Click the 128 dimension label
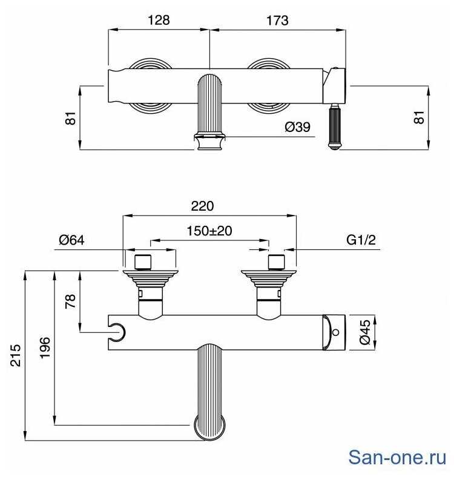159,21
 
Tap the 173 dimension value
277,21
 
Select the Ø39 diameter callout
297,127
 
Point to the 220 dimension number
202,206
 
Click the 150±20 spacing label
209,231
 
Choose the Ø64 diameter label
72,240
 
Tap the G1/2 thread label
361,240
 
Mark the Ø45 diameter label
366,332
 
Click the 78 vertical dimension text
71,301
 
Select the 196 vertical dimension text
45,347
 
